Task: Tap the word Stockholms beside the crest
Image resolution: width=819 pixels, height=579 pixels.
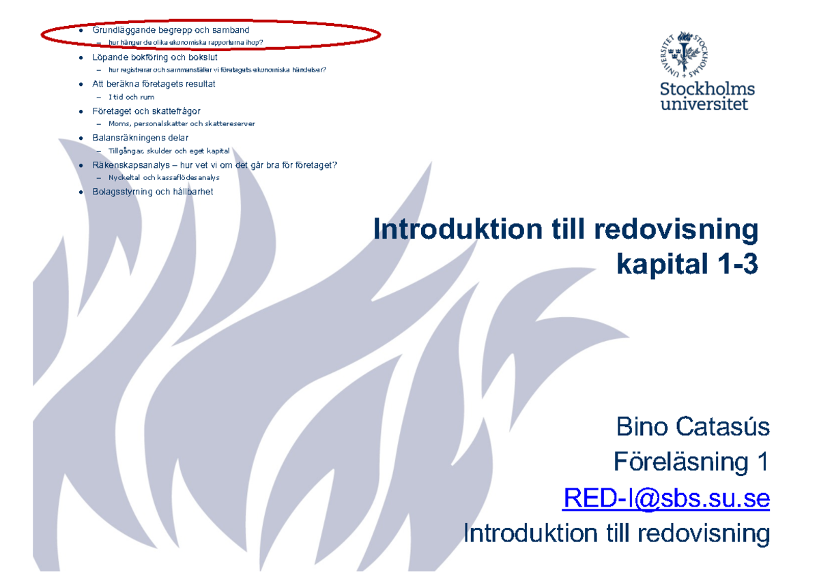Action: [x=707, y=89]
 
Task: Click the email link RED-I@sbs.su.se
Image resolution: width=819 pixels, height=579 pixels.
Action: [x=666, y=499]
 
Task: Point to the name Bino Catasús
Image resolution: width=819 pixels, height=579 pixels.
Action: [x=693, y=428]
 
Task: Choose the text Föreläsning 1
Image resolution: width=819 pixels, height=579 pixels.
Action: [x=691, y=463]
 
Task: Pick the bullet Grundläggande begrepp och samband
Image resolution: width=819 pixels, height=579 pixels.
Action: [x=171, y=31]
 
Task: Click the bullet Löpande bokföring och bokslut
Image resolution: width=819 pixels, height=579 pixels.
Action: [x=155, y=57]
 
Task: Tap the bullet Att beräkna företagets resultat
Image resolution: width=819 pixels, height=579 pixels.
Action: [x=154, y=84]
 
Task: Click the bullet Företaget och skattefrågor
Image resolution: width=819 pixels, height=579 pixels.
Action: [x=146, y=110]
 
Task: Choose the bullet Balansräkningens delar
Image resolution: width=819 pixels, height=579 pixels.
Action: [x=141, y=138]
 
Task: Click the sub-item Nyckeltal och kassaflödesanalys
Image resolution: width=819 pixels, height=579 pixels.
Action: [x=164, y=177]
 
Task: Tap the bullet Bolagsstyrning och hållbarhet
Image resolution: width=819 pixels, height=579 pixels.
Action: [x=153, y=192]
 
